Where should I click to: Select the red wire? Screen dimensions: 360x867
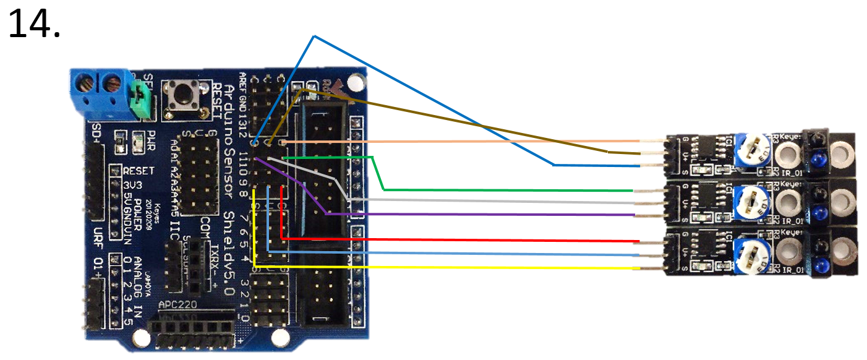[x=464, y=239]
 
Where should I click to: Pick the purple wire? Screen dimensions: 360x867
[x=495, y=214]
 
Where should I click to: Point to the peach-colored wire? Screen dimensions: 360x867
[x=464, y=142]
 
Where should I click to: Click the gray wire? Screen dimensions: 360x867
[x=495, y=201]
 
